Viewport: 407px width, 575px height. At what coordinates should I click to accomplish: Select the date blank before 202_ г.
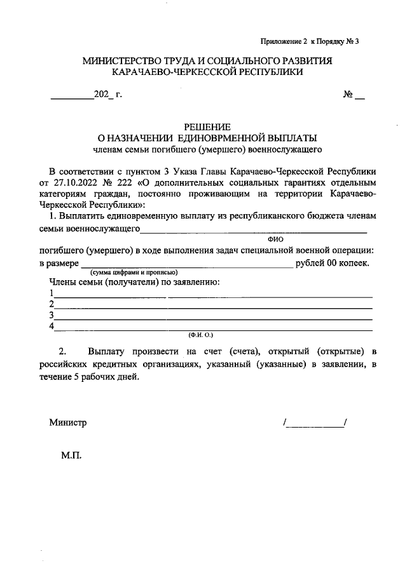point(72,97)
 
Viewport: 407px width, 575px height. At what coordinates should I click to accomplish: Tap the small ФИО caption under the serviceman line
point(275,238)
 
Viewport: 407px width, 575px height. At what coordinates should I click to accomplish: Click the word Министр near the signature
point(67,423)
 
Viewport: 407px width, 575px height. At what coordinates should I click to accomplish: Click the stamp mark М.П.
point(71,456)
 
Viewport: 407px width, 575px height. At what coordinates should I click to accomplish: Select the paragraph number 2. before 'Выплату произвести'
point(62,351)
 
